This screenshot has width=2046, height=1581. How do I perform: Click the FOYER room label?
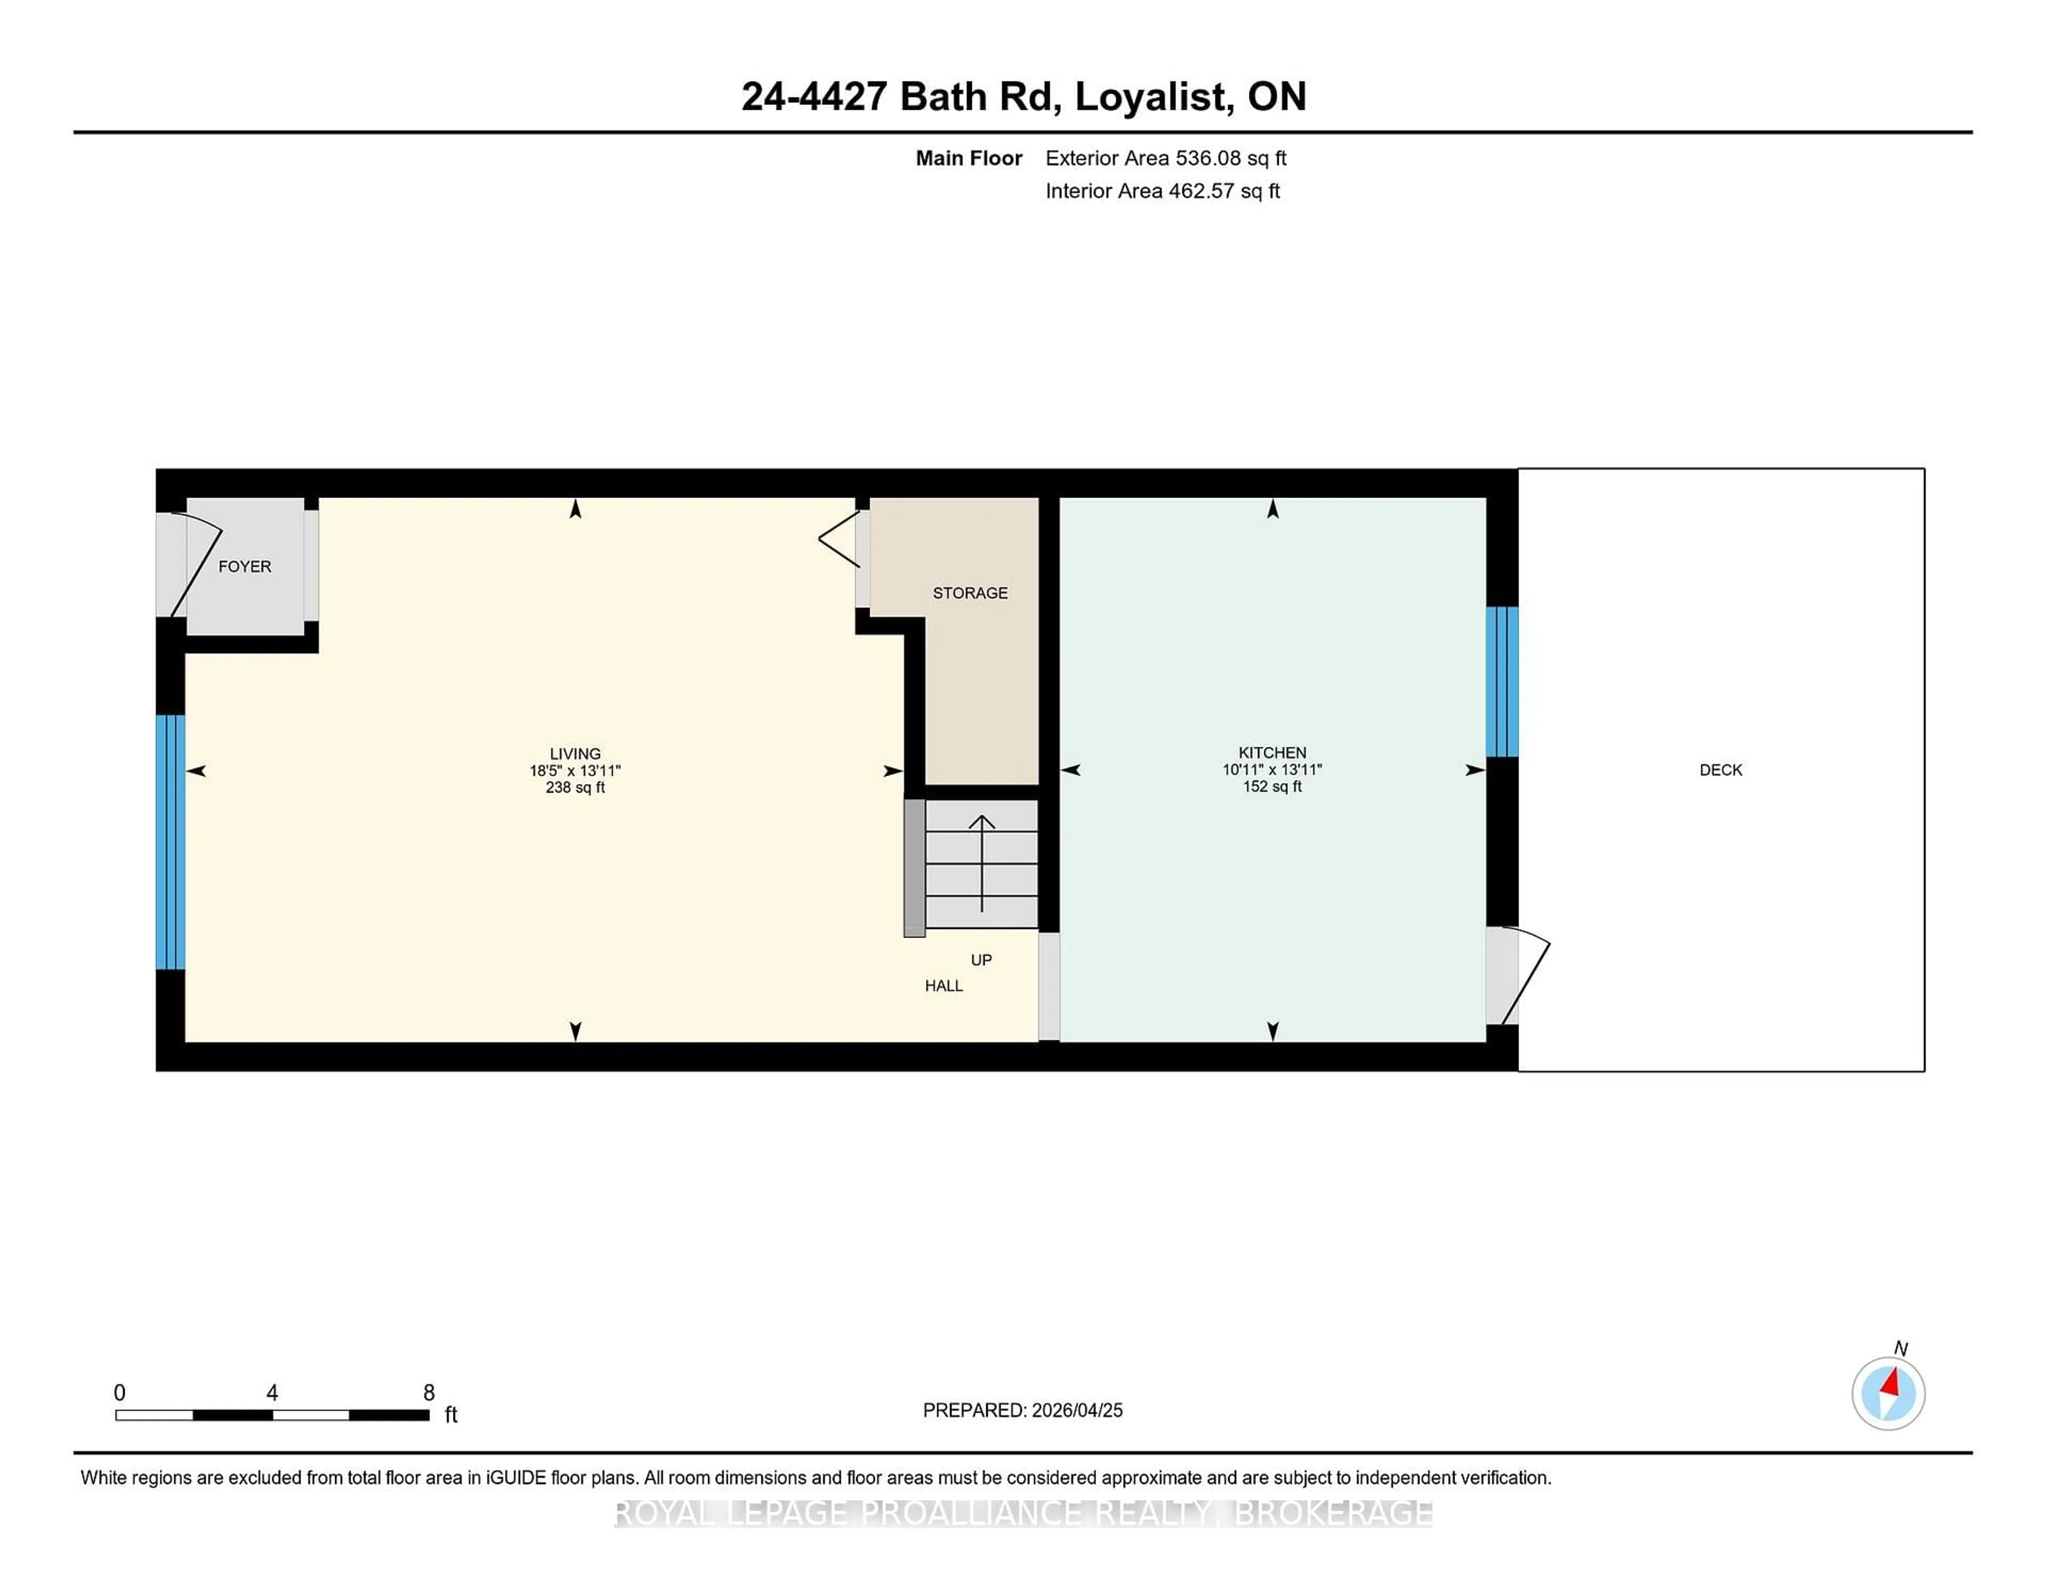click(245, 567)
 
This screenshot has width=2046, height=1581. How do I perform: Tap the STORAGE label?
click(970, 593)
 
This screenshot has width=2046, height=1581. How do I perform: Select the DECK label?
click(1720, 770)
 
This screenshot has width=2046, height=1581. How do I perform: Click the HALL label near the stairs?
click(944, 985)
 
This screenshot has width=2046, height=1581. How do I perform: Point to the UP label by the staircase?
click(981, 960)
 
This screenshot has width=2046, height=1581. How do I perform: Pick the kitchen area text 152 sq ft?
click(1271, 787)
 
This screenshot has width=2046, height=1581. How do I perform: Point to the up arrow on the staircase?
click(981, 862)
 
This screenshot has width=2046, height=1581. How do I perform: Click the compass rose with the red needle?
click(1888, 1393)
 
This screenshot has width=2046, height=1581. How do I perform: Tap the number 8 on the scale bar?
click(428, 1393)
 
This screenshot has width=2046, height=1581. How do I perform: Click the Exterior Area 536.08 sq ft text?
click(1165, 158)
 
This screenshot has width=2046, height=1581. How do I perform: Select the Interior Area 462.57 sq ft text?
click(1162, 191)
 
